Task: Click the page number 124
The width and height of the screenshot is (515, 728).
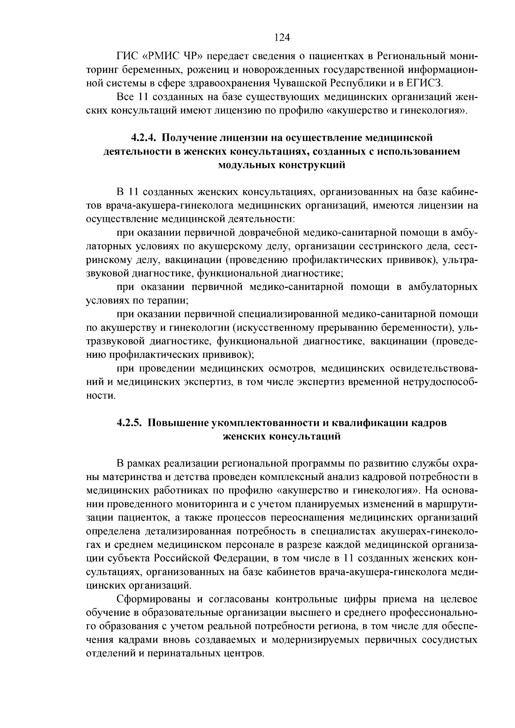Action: click(282, 38)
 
